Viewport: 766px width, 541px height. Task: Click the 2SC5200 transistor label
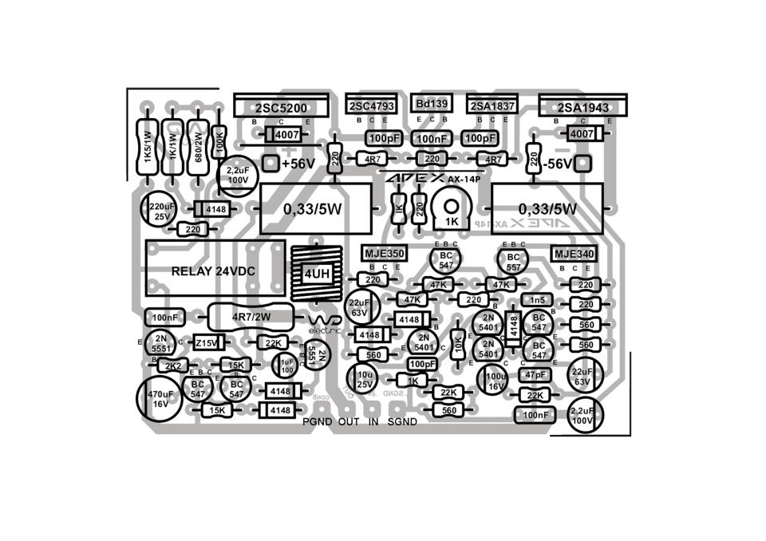click(281, 107)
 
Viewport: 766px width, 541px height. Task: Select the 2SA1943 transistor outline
click(582, 106)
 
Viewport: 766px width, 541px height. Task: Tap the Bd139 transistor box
click(432, 104)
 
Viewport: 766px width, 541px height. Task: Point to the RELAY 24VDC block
click(214, 270)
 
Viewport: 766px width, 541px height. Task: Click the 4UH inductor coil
click(316, 274)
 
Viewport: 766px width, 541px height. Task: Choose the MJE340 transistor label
click(573, 254)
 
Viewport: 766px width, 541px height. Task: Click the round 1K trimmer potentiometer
click(452, 211)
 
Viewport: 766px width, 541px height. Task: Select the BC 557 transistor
click(513, 263)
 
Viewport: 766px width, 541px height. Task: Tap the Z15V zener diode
click(207, 342)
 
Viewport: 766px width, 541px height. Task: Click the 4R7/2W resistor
click(252, 316)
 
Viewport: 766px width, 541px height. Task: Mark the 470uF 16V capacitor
click(160, 398)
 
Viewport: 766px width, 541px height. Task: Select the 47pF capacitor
click(535, 374)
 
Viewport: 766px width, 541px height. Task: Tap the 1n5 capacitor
click(537, 299)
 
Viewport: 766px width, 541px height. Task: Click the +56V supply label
click(298, 163)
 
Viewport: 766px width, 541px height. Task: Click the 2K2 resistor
click(172, 365)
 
